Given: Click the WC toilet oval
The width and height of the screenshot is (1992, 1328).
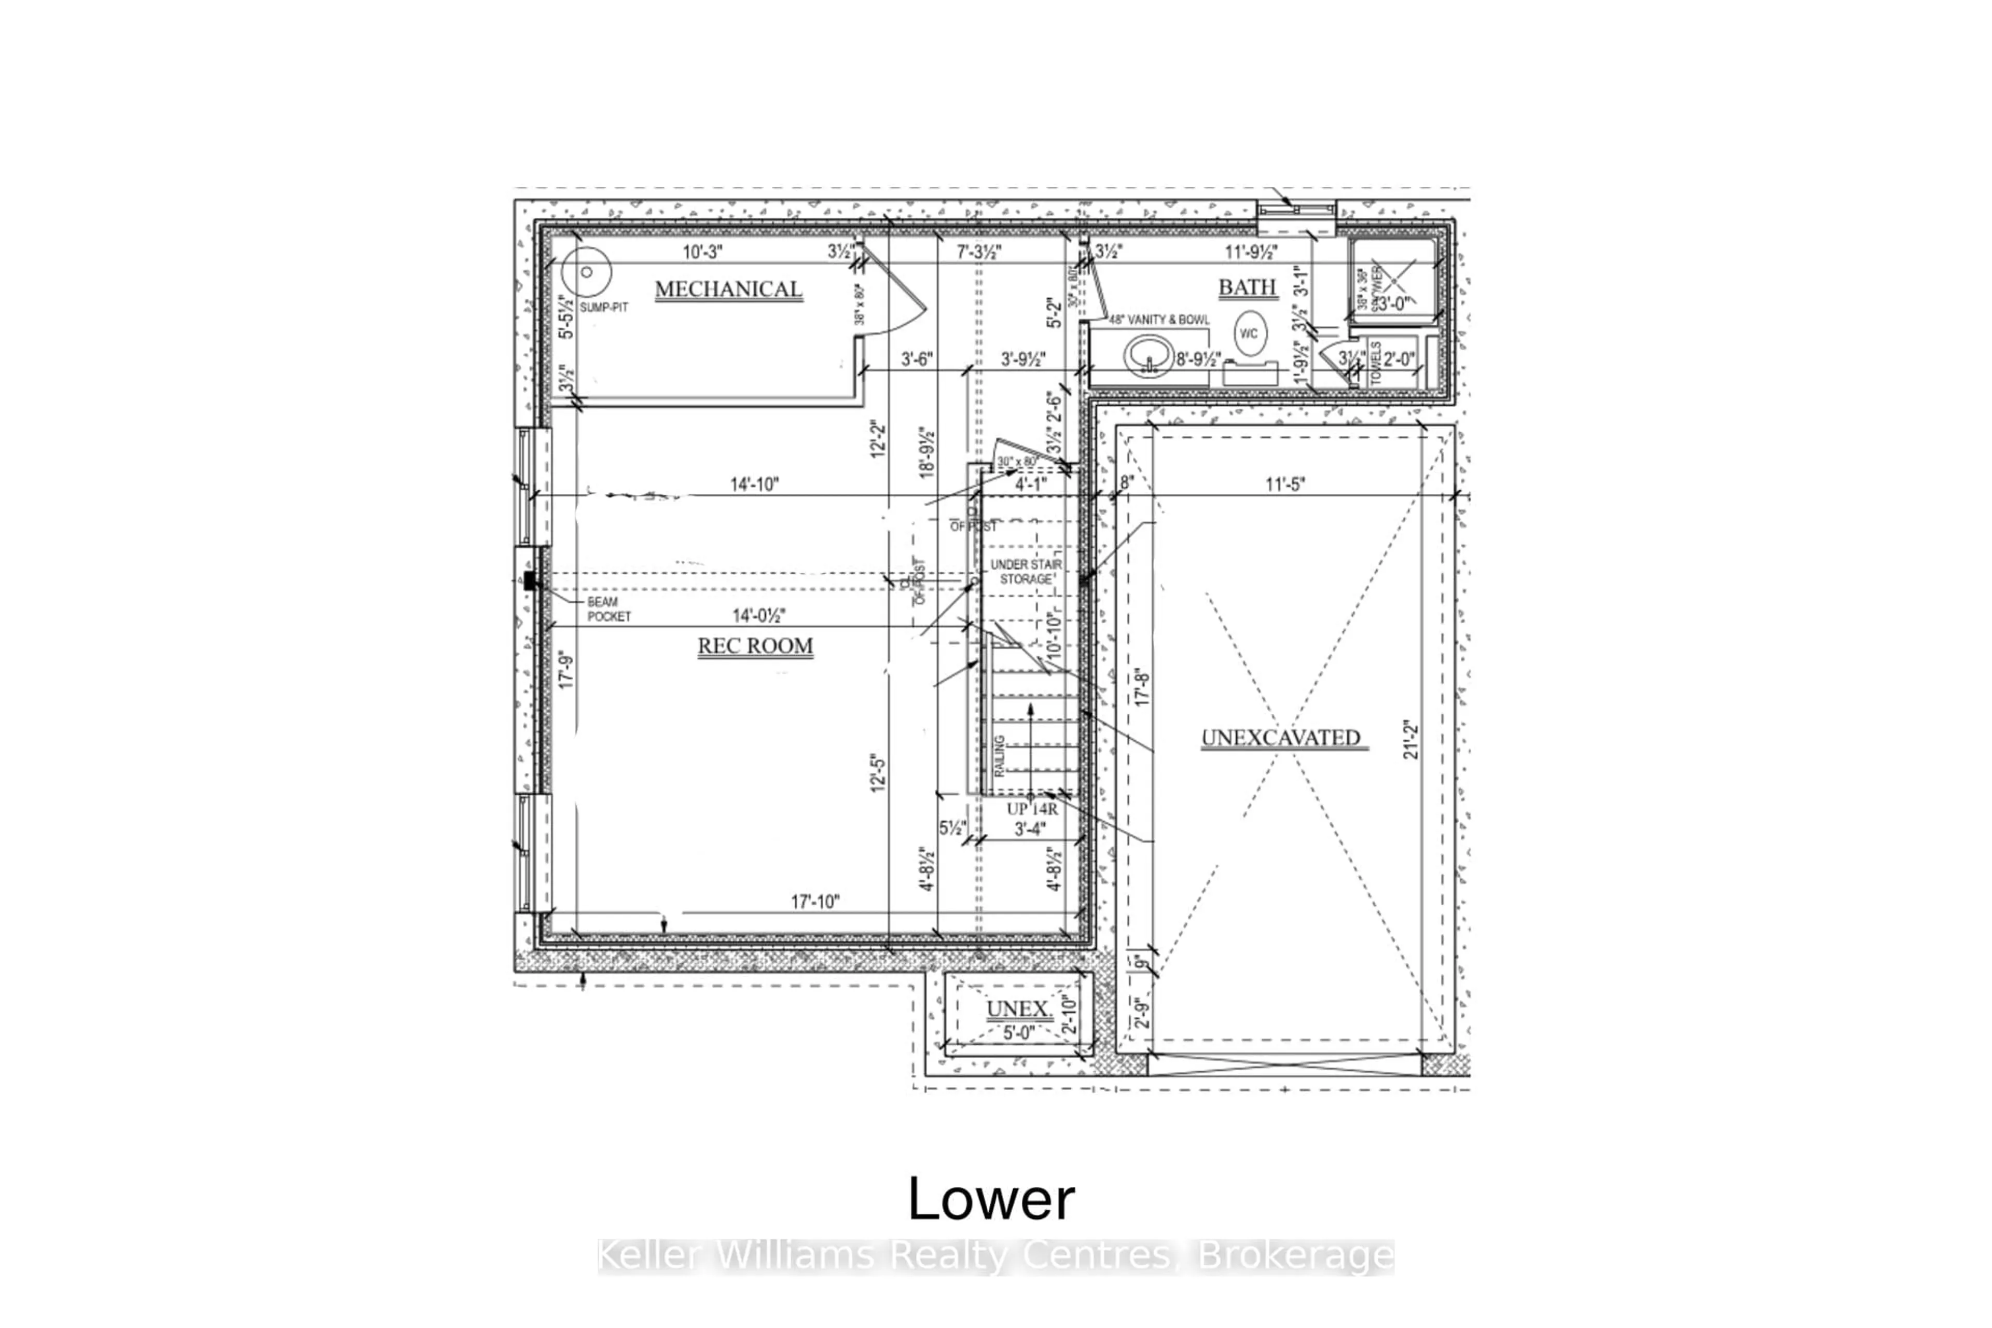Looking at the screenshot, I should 1249,333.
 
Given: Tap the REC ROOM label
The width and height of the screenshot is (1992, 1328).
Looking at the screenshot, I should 755,646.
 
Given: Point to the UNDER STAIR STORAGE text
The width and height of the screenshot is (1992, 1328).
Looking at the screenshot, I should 1026,572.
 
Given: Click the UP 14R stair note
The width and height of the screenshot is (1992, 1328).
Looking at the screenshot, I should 1032,809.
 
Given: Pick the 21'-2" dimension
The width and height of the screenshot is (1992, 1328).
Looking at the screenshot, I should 1410,739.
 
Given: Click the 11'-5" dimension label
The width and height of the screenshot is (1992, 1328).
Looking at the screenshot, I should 1285,485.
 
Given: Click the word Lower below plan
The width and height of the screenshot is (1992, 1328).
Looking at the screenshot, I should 991,1199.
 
